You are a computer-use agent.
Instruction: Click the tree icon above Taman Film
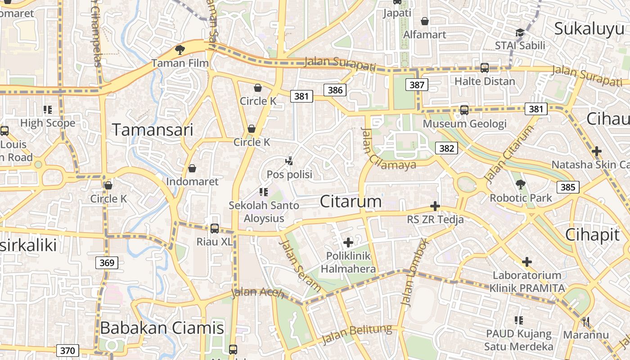[x=180, y=49]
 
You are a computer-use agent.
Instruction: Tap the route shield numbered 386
[x=335, y=90]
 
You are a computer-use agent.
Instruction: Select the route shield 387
[x=417, y=85]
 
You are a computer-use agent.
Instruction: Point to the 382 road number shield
[x=446, y=148]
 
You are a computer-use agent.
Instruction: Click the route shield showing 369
[x=107, y=262]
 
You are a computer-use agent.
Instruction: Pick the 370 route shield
[x=67, y=350]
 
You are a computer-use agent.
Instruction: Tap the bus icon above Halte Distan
[x=485, y=68]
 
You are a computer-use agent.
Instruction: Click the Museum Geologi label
[x=465, y=123]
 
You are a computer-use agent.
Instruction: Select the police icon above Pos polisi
[x=289, y=161]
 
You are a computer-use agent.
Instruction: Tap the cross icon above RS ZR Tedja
[x=435, y=206]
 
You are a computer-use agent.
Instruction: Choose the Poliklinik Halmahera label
[x=348, y=262]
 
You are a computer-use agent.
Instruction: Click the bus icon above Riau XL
[x=215, y=228]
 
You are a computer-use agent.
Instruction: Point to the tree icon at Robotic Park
[x=521, y=184]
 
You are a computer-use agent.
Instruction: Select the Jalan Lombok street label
[x=414, y=273]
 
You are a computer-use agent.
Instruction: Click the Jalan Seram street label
[x=300, y=266]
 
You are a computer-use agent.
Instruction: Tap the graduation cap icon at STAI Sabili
[x=520, y=33]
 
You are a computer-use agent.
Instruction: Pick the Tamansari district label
[x=153, y=130]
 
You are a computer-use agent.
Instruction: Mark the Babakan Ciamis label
[x=162, y=328]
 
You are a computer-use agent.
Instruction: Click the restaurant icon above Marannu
[x=585, y=321]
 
